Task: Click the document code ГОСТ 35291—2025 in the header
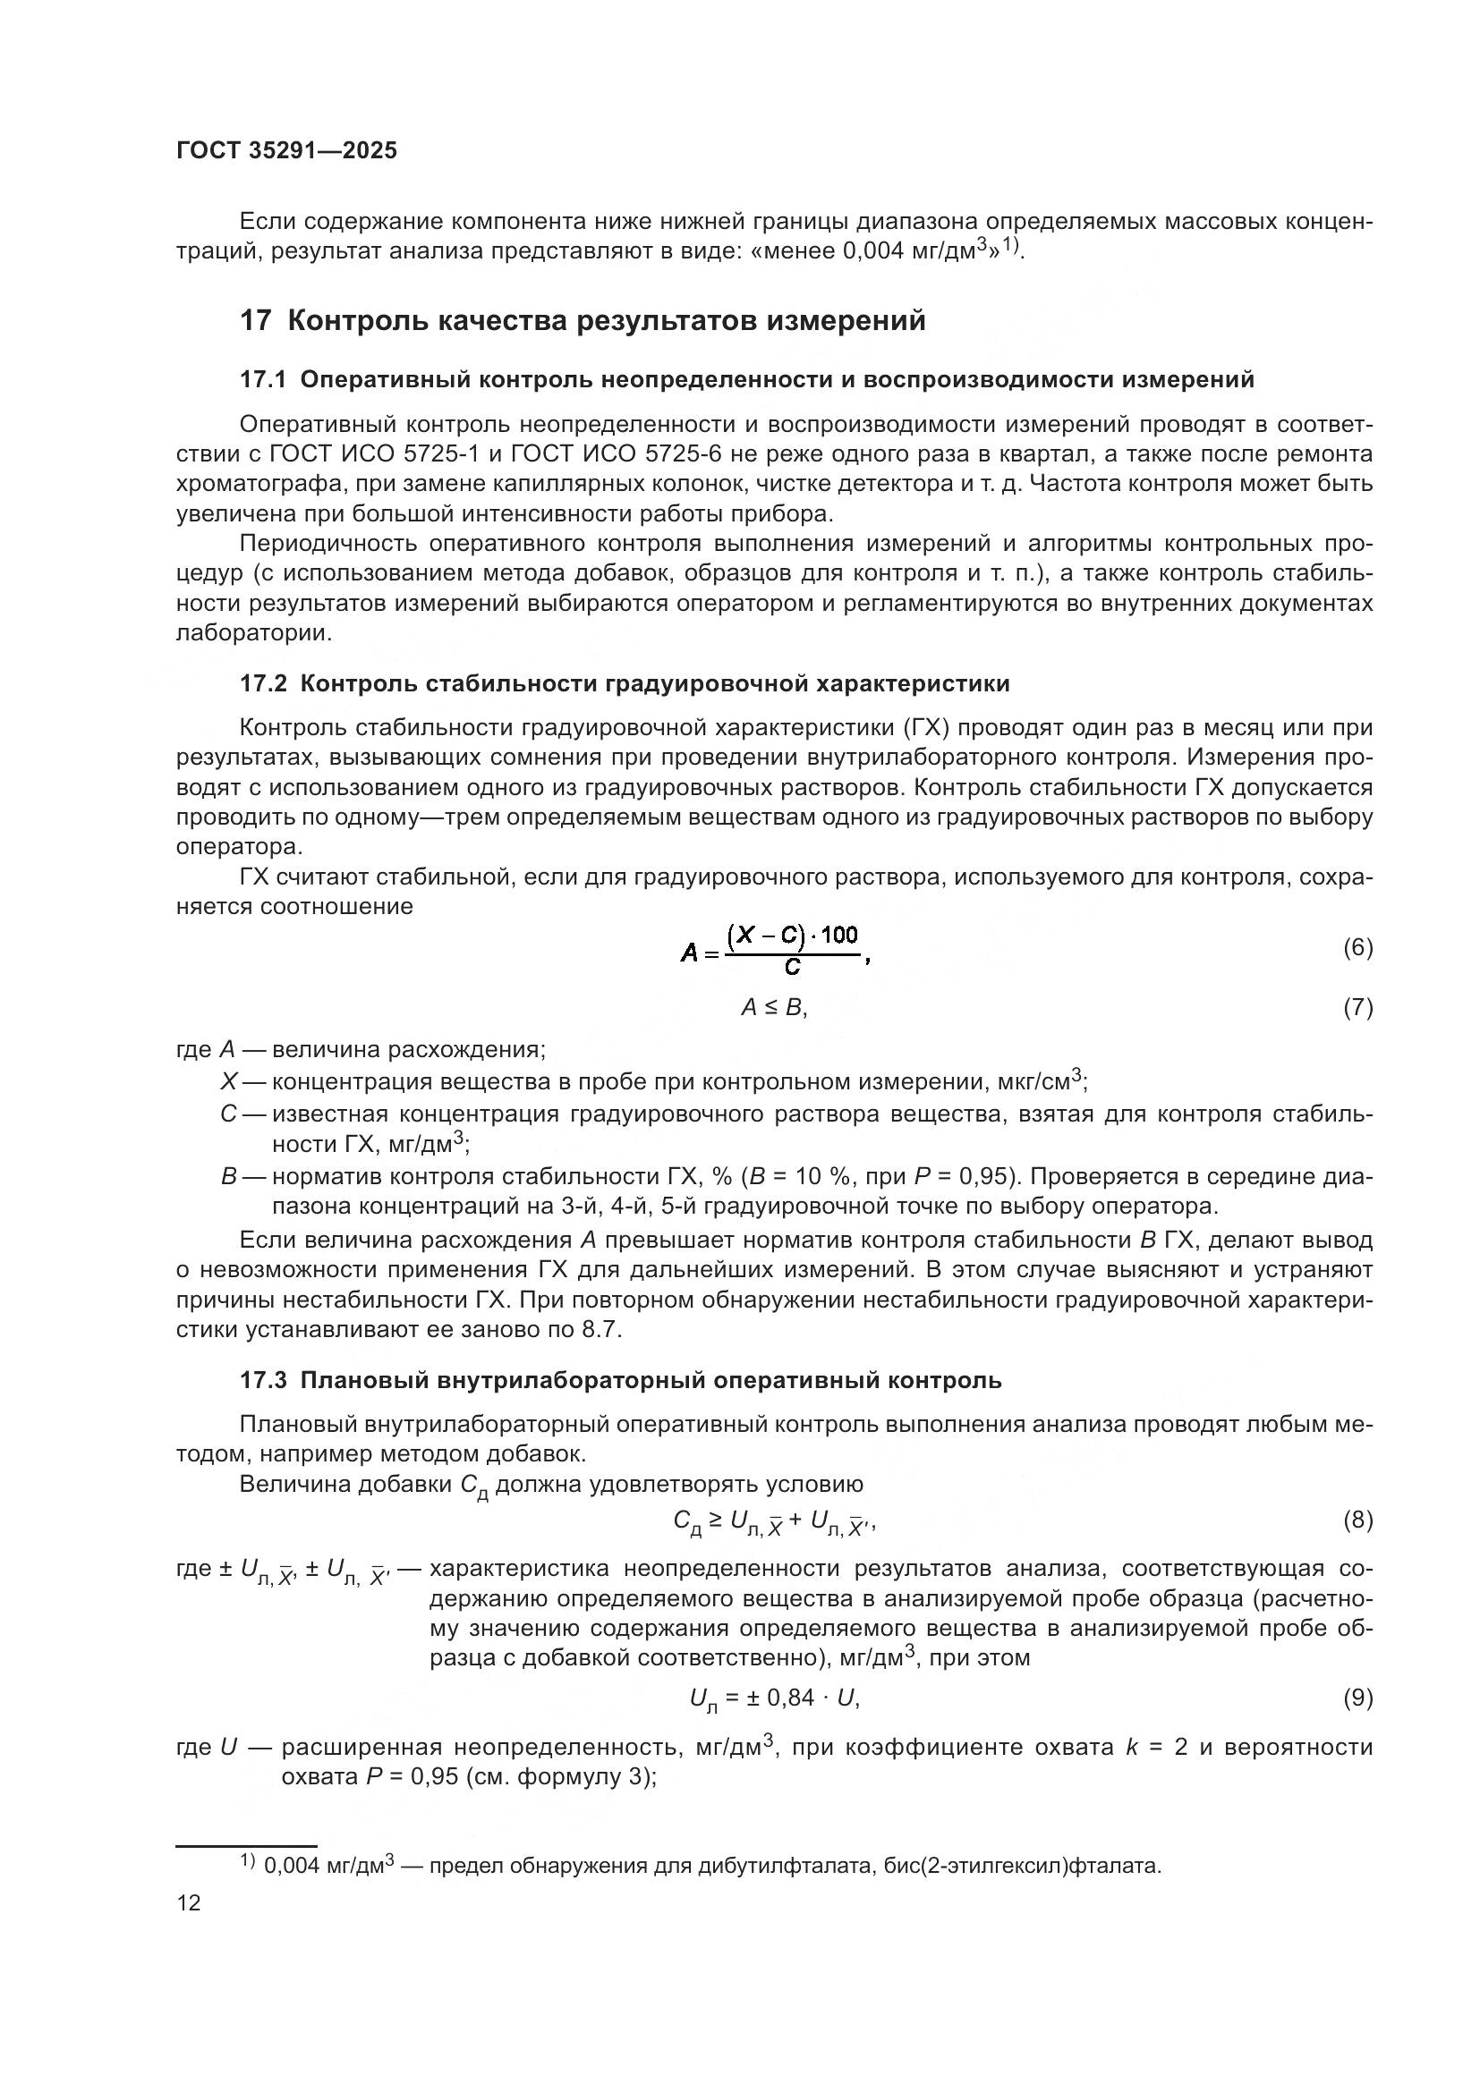tap(286, 151)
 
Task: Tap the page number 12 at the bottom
tap(189, 1902)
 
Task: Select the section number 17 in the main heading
tap(255, 321)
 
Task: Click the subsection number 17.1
tap(262, 380)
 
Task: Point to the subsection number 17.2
tap(262, 683)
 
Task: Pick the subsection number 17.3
tap(262, 1380)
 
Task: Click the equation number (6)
tap(1357, 947)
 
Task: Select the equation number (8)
tap(1357, 1519)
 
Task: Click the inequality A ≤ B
tap(773, 1007)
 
